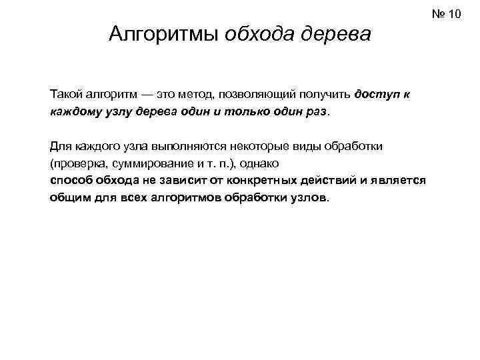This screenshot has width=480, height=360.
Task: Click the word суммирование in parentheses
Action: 143,163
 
